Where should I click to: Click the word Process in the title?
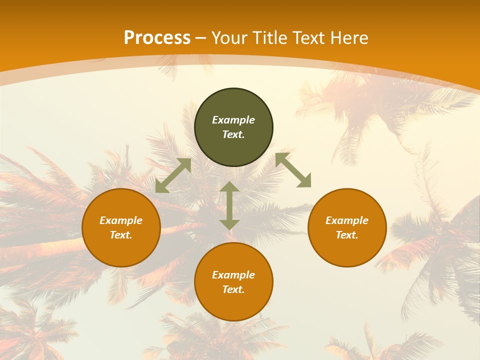pos(157,38)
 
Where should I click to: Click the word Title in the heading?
pos(270,38)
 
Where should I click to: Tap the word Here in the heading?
pos(349,38)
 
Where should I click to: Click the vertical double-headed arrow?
pos(229,206)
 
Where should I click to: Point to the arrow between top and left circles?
pos(173,175)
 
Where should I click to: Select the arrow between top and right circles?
pos(293,170)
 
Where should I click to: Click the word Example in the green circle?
pos(233,120)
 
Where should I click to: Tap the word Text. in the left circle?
pos(121,235)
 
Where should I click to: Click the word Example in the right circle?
pos(347,220)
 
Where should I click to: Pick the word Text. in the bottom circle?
pos(233,289)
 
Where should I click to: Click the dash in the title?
pos(201,38)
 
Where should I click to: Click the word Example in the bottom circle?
pos(233,275)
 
